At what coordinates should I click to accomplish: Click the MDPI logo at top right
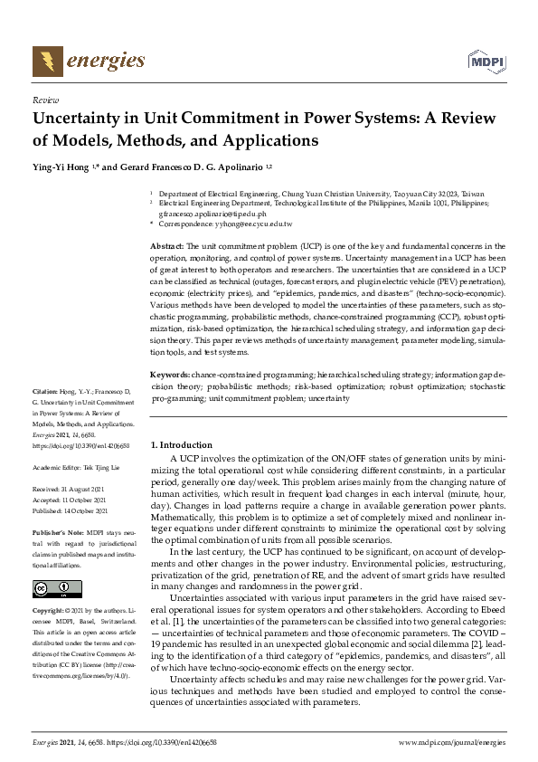click(x=485, y=62)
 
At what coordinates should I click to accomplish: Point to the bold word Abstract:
click(x=167, y=246)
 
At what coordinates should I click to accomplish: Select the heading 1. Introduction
click(x=181, y=445)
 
